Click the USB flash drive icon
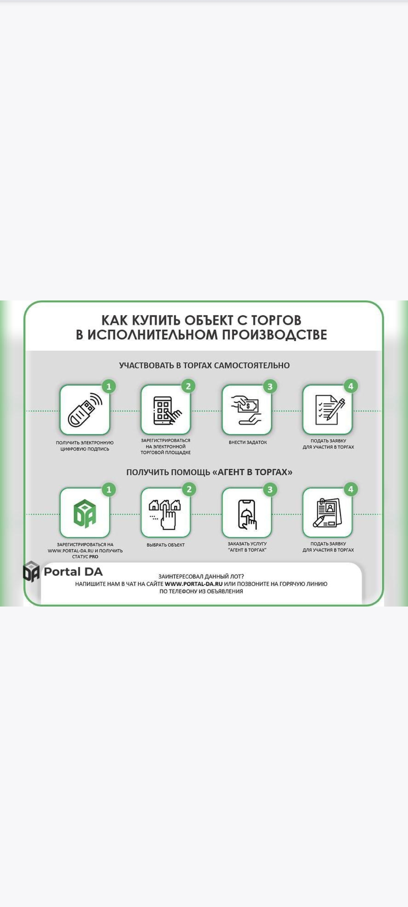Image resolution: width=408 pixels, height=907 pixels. pyautogui.click(x=85, y=410)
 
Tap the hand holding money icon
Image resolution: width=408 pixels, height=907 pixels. pyautogui.click(x=246, y=410)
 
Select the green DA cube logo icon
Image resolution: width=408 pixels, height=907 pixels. pyautogui.click(x=85, y=513)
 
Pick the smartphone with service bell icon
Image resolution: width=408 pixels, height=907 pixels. pyautogui.click(x=247, y=514)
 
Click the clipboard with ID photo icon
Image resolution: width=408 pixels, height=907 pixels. pyautogui.click(x=328, y=513)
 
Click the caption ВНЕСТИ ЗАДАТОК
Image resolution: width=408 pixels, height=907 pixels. pyautogui.click(x=248, y=443)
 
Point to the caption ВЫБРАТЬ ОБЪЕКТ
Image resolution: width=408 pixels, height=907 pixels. pyautogui.click(x=165, y=545)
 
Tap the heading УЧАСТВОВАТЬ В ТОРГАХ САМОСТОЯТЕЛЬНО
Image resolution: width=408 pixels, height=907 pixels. pyautogui.click(x=204, y=365)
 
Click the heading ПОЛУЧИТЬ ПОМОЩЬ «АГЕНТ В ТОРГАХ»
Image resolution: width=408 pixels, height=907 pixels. pyautogui.click(x=209, y=472)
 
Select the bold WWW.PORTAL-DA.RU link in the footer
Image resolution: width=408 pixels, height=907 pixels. pyautogui.click(x=194, y=584)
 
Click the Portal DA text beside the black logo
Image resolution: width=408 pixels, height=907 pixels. pyautogui.click(x=73, y=572)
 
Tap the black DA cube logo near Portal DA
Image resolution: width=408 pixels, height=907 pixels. pyautogui.click(x=31, y=571)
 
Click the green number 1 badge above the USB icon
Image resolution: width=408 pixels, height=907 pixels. pyautogui.click(x=109, y=387)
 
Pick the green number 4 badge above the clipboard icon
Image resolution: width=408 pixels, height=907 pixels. pyautogui.click(x=351, y=489)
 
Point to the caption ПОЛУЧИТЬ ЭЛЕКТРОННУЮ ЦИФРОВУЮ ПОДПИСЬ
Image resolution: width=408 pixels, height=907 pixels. pyautogui.click(x=85, y=446)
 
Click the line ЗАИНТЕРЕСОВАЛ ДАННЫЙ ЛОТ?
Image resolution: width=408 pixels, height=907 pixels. pyautogui.click(x=201, y=577)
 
